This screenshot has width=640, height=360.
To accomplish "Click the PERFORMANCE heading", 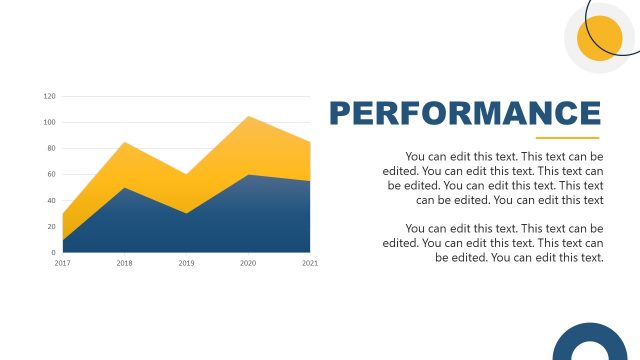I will pos(465,113).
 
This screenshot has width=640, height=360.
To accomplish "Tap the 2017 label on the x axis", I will pos(63,263).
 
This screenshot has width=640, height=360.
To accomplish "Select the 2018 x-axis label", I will pos(125,263).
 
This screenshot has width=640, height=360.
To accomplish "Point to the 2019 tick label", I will pos(186,263).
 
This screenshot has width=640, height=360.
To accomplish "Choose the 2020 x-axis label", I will pos(248,263).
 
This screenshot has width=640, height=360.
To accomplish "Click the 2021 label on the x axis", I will pos(310,263).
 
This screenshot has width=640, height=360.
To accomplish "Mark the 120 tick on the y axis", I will pos(50,96).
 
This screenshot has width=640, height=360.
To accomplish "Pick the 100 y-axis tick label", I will pos(50,122).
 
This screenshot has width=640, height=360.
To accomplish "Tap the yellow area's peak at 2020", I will pos(248,118).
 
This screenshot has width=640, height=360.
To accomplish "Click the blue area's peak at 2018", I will pos(125,190).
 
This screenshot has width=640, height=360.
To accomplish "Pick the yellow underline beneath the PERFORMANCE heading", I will pos(567,138).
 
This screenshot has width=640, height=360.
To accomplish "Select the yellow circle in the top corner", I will pos(600,38).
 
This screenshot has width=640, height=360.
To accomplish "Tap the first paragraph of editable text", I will pos(493,178).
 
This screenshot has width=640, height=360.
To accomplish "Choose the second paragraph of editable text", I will pos(493,242).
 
